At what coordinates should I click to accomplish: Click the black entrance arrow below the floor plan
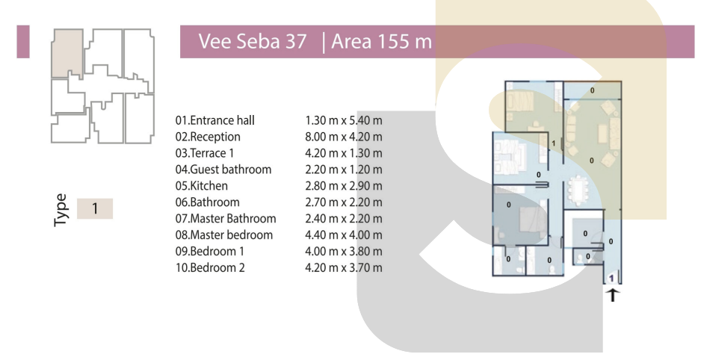613,295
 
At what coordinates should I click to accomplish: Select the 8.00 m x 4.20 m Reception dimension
343,137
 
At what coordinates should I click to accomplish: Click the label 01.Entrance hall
214,120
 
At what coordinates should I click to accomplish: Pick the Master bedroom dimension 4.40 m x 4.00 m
343,235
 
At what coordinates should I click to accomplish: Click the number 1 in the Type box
95,208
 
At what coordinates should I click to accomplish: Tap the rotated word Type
61,210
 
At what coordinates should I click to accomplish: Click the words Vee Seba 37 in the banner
253,42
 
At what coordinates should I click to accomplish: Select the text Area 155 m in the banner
381,42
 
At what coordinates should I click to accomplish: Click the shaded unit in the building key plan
67,54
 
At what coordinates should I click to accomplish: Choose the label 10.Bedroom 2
210,267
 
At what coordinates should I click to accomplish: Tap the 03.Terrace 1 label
204,153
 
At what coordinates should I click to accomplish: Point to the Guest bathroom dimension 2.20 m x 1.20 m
343,170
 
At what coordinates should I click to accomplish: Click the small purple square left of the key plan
23,42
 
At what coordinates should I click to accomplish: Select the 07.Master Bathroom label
226,218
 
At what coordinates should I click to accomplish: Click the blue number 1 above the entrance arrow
611,279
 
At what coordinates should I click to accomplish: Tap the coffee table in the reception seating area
602,133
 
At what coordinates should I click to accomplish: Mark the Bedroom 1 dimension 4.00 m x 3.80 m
343,252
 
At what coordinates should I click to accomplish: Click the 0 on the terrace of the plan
593,90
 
